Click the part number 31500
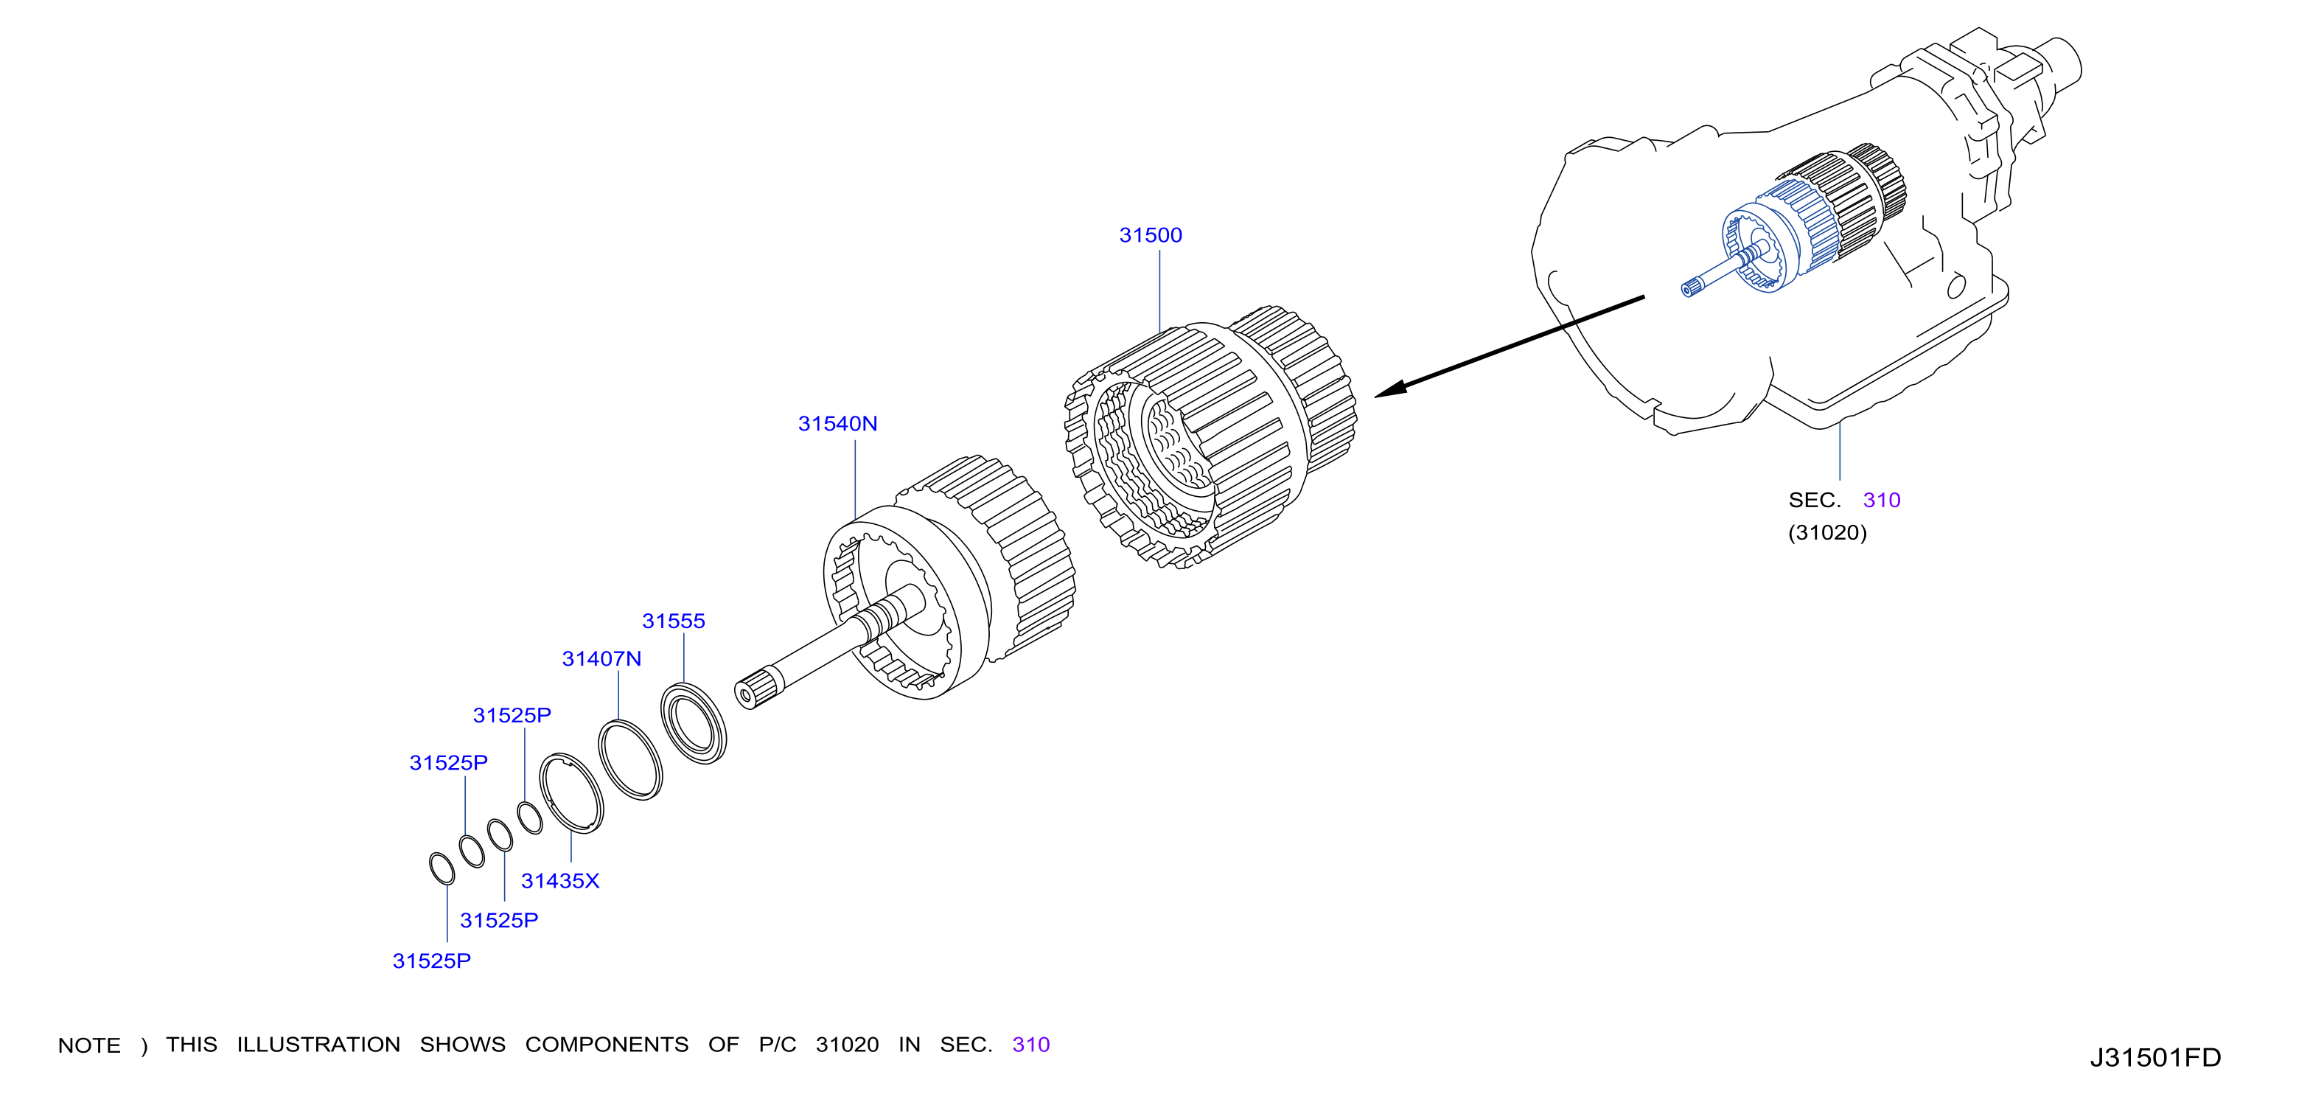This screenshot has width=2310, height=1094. click(1151, 235)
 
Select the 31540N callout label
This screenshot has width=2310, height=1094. click(837, 423)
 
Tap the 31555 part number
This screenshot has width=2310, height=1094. click(674, 621)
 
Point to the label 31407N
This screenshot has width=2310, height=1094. click(601, 658)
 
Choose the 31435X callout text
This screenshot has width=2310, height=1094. click(560, 880)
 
